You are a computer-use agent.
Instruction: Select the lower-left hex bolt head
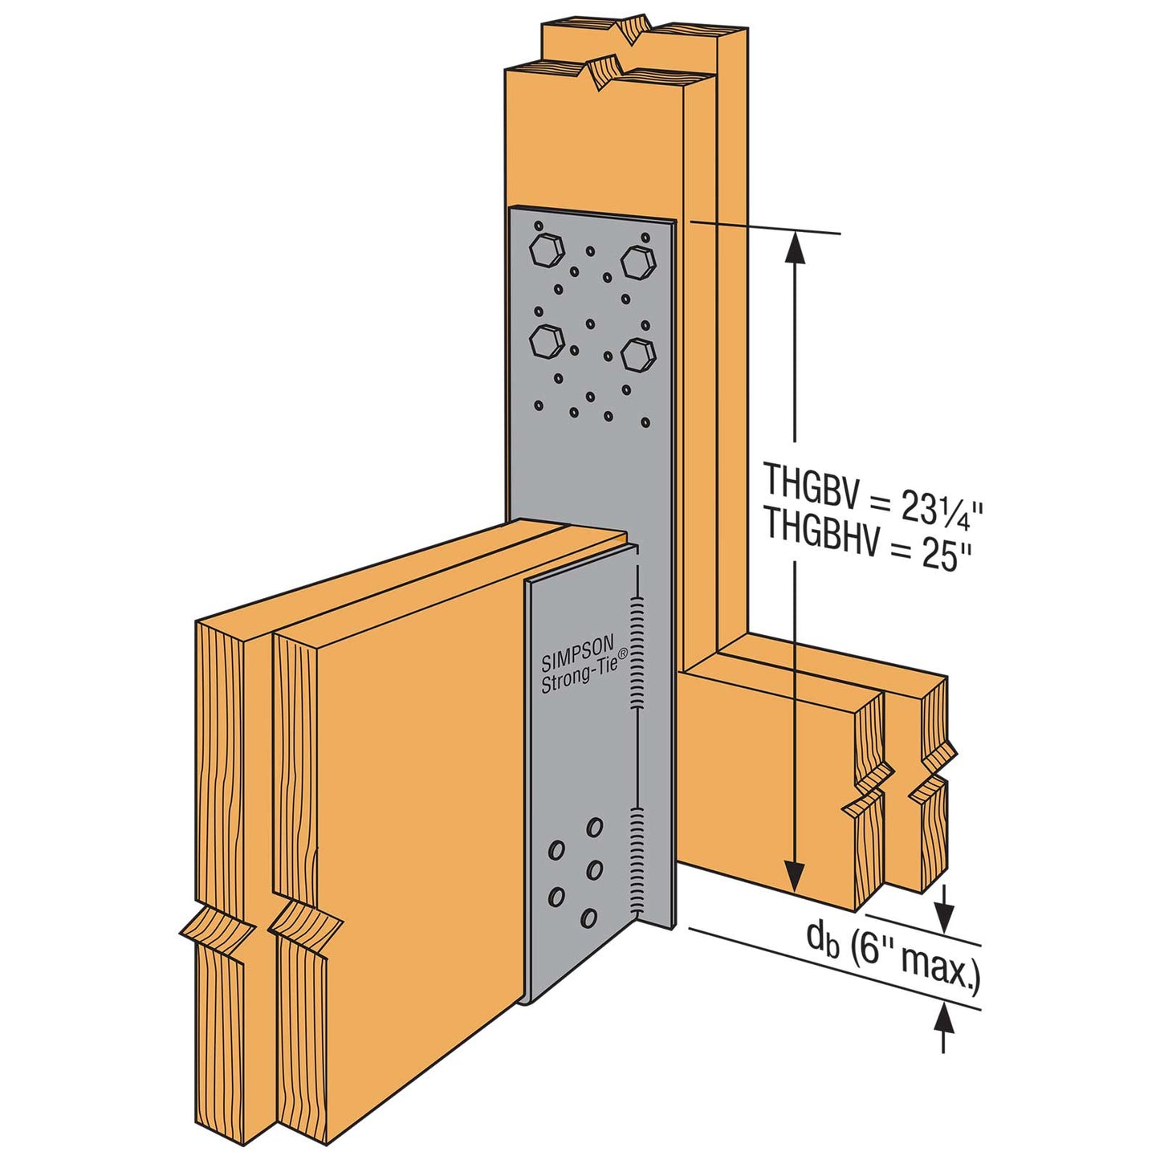coord(545,342)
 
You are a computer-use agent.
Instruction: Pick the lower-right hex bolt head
coord(638,353)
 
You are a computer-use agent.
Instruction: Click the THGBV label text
coord(811,482)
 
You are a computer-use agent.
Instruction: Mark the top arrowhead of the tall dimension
coord(795,246)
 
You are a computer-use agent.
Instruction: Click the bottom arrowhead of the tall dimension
coord(795,876)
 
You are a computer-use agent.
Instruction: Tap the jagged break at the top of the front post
coord(604,73)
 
